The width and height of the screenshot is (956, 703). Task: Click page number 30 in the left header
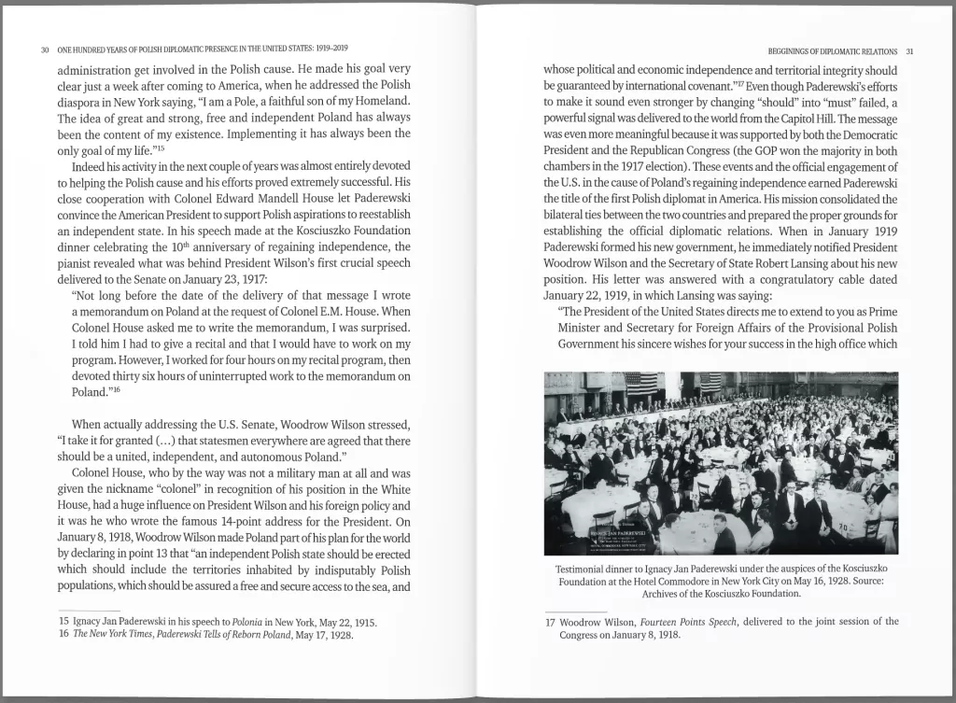point(45,49)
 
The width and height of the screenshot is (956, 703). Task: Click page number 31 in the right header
point(910,51)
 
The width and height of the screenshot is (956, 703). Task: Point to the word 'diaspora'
point(80,101)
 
